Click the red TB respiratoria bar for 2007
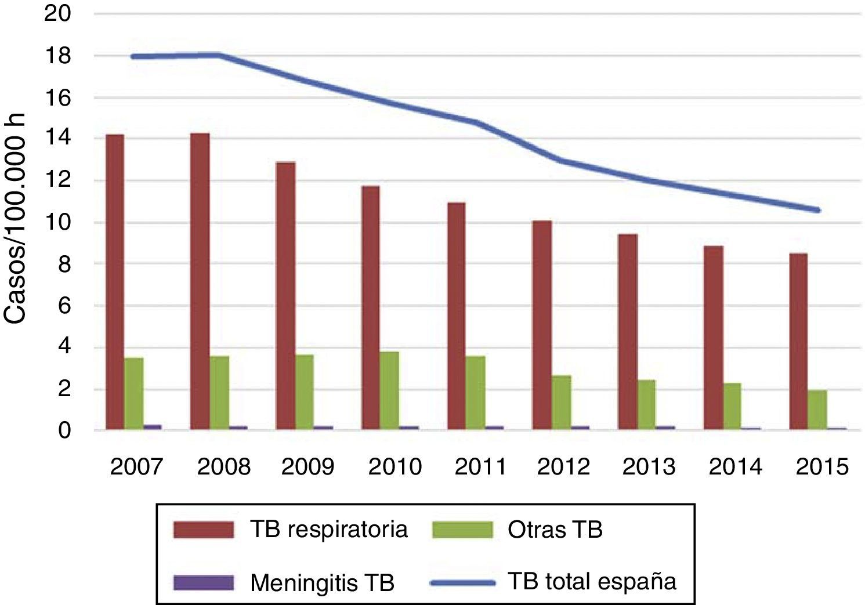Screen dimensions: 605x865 tap(115, 282)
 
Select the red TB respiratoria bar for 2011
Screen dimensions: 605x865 tap(456, 317)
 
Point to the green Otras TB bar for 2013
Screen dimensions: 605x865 tap(646, 405)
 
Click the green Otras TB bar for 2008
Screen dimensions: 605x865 tap(219, 393)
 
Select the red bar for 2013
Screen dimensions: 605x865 tap(627, 332)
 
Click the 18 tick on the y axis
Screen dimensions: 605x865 tap(57, 56)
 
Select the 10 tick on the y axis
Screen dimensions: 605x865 tap(57, 223)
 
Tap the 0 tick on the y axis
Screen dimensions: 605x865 tap(64, 430)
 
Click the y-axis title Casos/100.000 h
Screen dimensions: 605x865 tap(16, 223)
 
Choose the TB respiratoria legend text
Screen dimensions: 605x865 tap(329, 529)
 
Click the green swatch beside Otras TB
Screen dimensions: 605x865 tap(462, 530)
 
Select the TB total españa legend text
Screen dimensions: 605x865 tap(592, 581)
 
